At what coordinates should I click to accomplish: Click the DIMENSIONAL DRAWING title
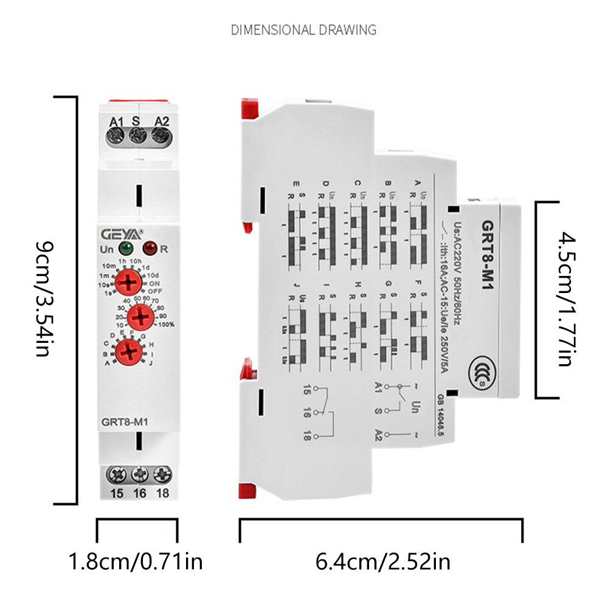tap(303, 30)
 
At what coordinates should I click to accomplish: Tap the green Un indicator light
tap(126, 248)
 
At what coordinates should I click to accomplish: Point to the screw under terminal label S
tap(137, 137)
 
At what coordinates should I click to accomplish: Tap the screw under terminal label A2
tap(159, 137)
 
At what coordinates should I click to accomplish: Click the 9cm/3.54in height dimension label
tap(45, 299)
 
